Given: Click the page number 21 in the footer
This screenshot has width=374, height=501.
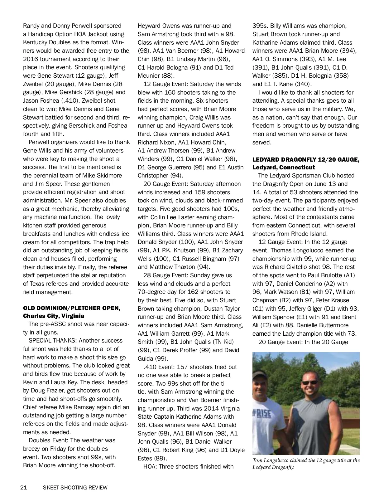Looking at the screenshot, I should point(24,487).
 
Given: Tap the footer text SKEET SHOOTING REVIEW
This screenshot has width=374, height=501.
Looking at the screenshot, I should point(75,487).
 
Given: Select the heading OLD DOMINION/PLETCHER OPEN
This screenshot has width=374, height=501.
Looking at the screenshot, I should point(72,308).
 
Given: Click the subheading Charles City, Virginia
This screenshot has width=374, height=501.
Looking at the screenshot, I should point(54,316).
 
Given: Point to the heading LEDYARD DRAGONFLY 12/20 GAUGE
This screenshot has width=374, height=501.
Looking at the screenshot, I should point(306,159).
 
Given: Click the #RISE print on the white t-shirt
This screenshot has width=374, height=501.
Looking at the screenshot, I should point(261,414).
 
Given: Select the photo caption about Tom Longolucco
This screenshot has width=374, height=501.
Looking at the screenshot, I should point(306,463).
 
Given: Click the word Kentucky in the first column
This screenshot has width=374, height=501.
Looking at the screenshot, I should point(36,42).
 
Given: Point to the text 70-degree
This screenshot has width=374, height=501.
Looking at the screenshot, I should point(152,292).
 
